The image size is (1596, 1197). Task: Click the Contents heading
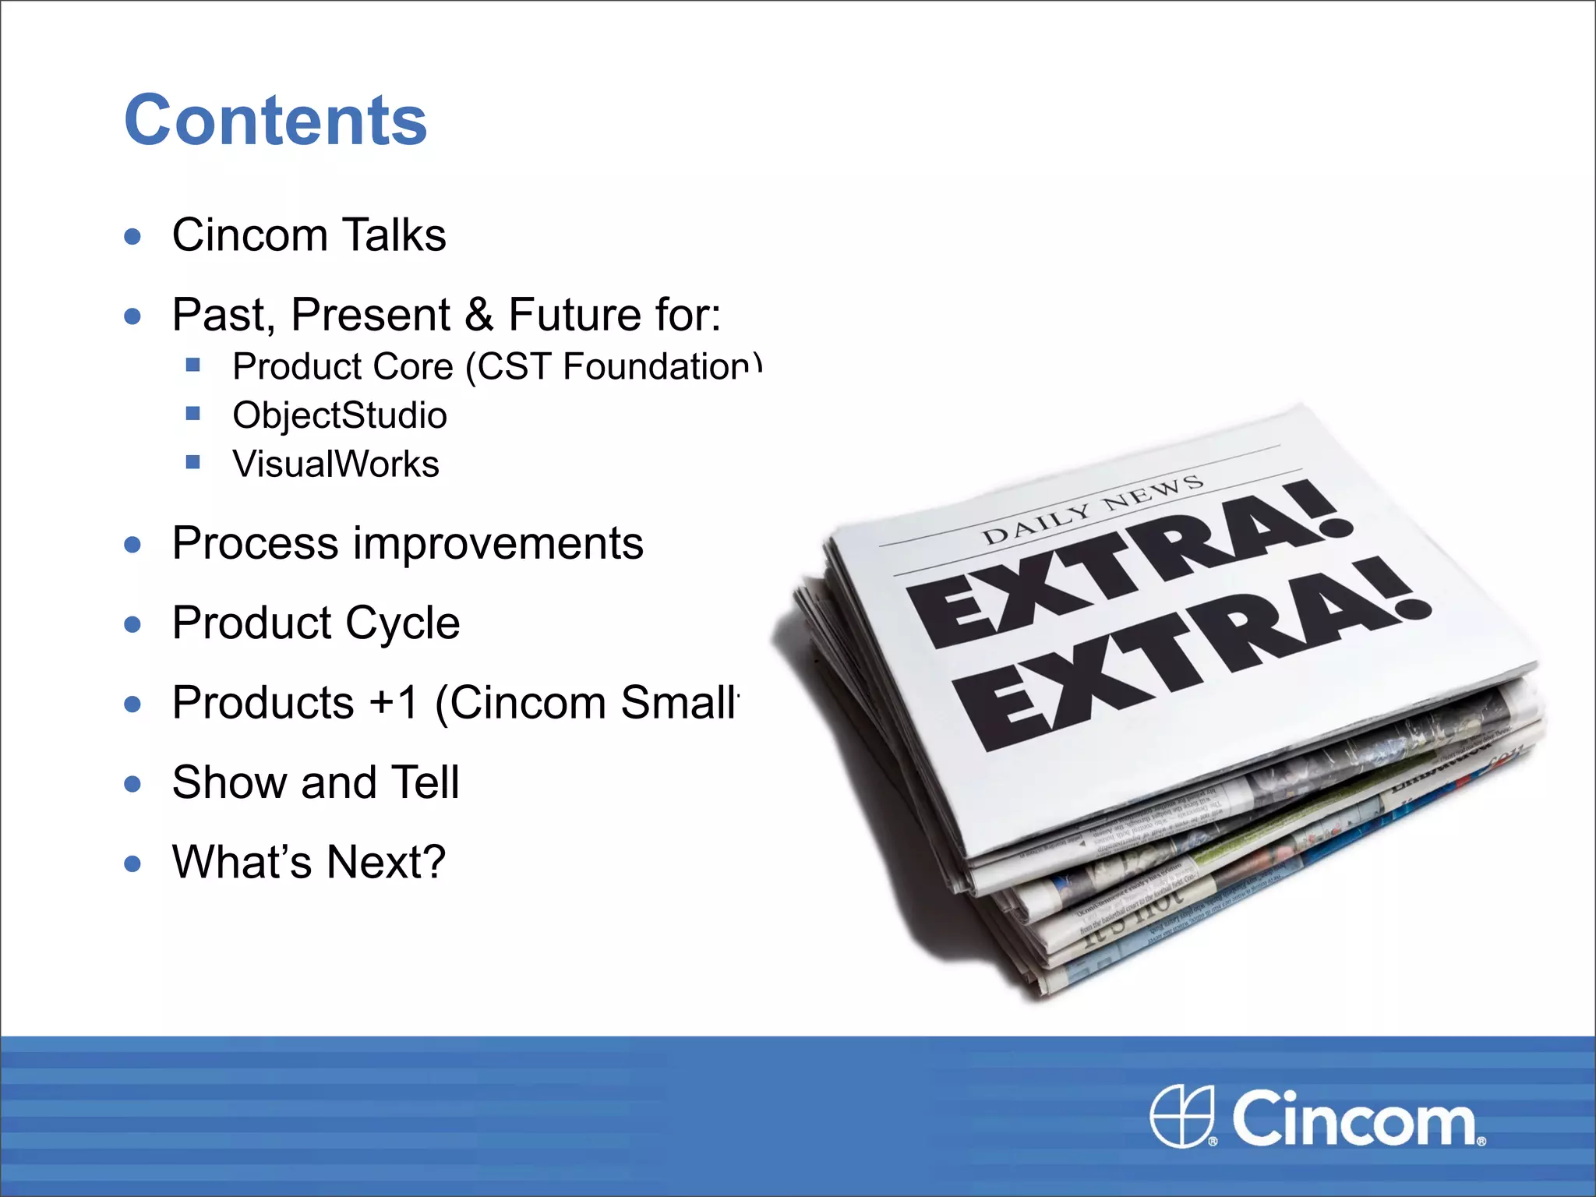(x=276, y=120)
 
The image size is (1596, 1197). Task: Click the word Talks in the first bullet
(x=394, y=235)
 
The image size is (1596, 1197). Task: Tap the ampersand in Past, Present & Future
(x=478, y=314)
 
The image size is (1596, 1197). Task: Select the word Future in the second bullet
(x=574, y=314)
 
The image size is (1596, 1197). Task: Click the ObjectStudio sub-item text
(x=340, y=415)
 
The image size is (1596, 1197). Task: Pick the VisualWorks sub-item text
(x=336, y=464)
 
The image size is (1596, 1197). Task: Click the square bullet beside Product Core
(x=193, y=365)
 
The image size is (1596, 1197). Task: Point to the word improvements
(x=498, y=543)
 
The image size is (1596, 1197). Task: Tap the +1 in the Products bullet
(x=394, y=703)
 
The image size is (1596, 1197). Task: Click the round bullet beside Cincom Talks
(x=133, y=237)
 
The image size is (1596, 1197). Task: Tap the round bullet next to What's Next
(x=133, y=864)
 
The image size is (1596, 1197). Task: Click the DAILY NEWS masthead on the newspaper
(x=1093, y=510)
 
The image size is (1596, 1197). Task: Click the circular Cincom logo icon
(x=1182, y=1116)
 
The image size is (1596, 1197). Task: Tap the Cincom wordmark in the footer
(x=1354, y=1119)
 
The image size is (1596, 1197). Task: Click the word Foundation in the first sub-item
(x=659, y=366)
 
